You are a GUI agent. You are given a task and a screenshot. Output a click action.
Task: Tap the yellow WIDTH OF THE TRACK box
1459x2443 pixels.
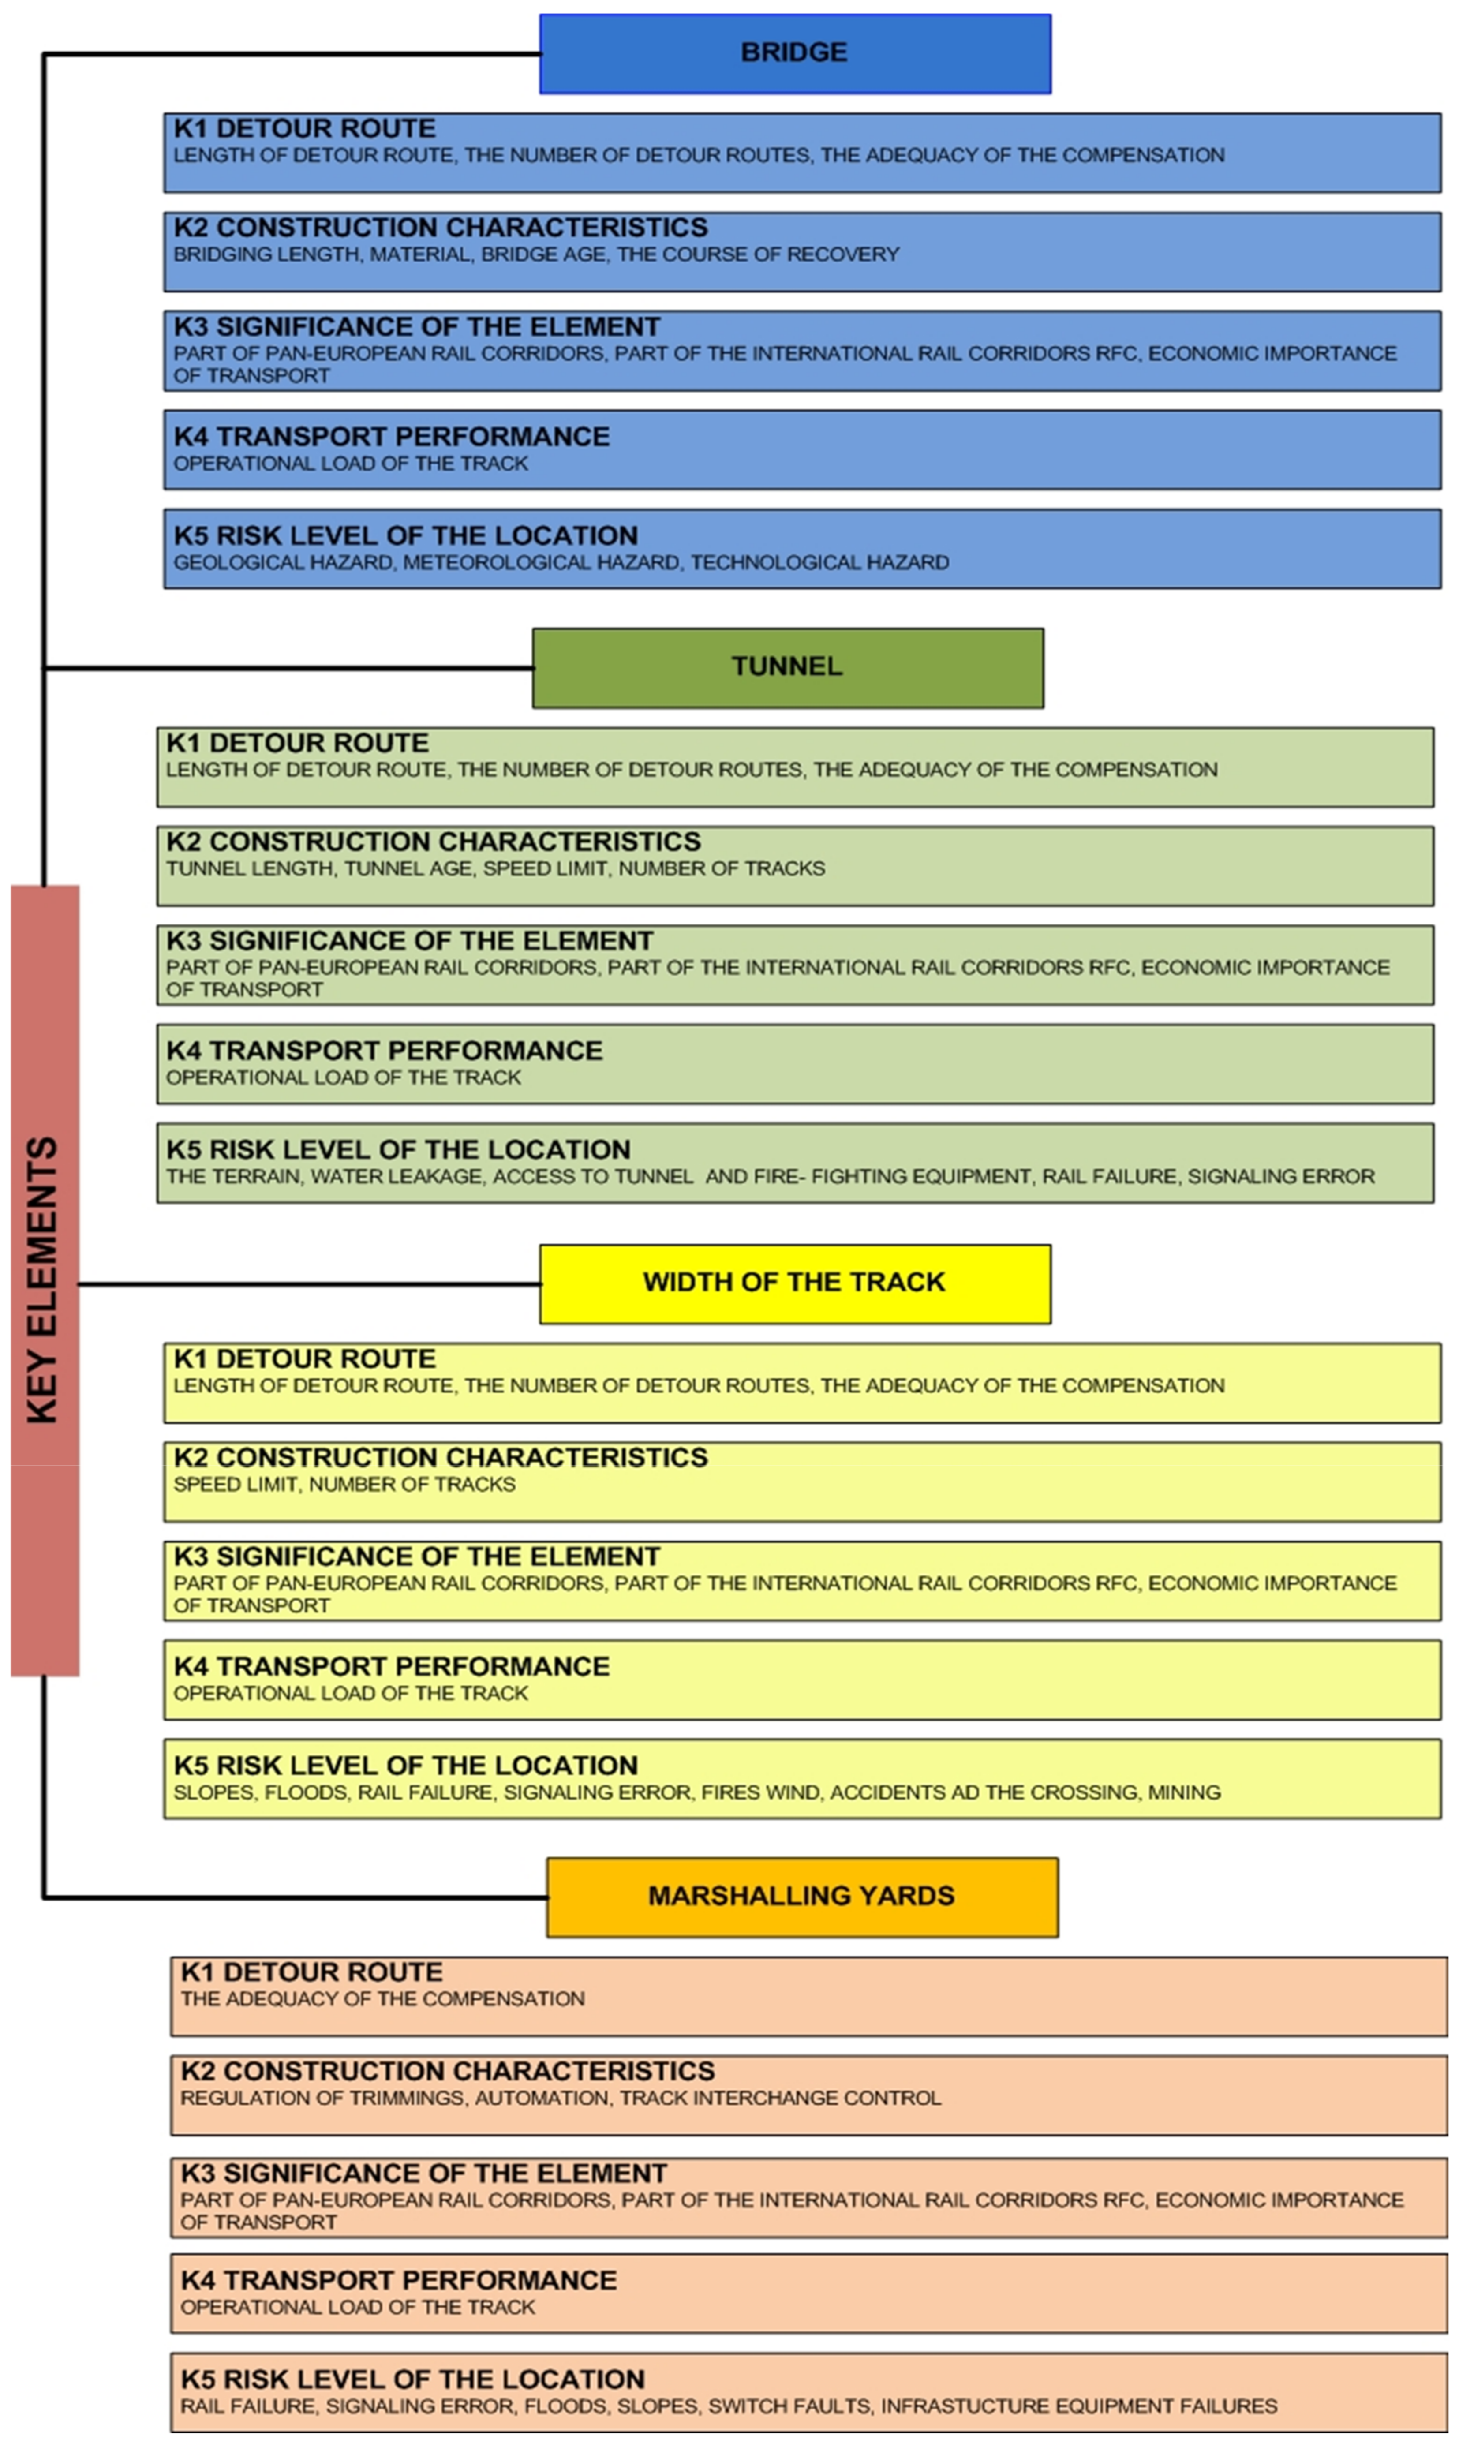tap(794, 1283)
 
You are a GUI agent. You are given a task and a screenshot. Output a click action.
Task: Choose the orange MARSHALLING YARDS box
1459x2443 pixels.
tap(801, 1897)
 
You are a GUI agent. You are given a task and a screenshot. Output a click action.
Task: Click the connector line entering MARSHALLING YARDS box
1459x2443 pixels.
tap(295, 1897)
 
